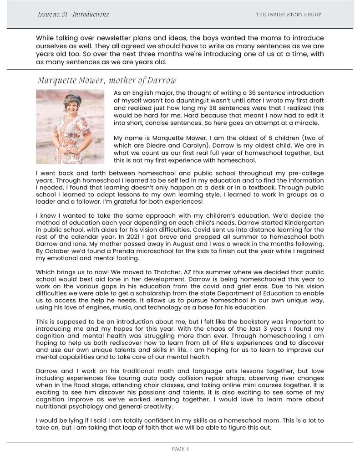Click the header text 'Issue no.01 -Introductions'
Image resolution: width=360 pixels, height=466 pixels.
73,14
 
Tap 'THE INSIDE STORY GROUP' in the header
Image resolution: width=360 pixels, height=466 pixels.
289,15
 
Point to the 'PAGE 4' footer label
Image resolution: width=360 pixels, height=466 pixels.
180,449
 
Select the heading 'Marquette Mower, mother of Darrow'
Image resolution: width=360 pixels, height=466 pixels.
107,81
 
